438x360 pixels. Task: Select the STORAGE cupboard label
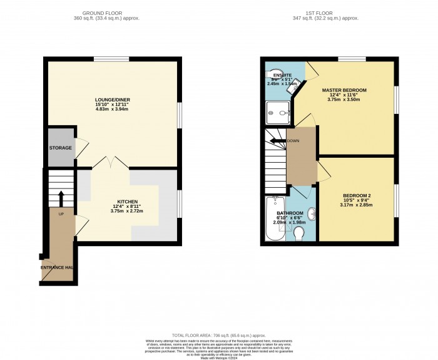(x=59, y=148)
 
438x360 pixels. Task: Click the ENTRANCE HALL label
(x=58, y=267)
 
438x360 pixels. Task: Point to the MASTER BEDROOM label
(x=344, y=90)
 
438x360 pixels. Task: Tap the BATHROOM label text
(x=290, y=213)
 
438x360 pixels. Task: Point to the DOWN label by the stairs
(x=293, y=141)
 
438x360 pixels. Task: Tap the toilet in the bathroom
(x=298, y=234)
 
